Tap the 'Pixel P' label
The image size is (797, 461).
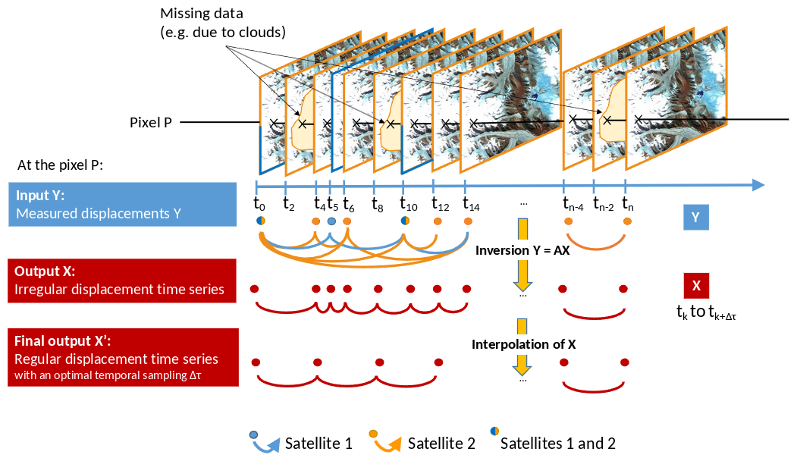tap(152, 122)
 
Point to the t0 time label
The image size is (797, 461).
tap(259, 203)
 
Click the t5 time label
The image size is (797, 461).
tap(332, 203)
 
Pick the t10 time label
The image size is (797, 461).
tap(408, 203)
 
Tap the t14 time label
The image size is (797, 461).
tap(470, 203)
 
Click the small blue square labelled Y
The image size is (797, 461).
tap(695, 218)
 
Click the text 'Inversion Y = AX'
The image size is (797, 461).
tap(522, 249)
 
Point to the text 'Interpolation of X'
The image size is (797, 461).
tap(523, 344)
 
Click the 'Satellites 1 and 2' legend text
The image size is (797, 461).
tap(557, 443)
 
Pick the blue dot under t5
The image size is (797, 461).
tap(331, 221)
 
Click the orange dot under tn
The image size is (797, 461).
tap(628, 221)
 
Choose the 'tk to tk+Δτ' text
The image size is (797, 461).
tap(706, 312)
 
